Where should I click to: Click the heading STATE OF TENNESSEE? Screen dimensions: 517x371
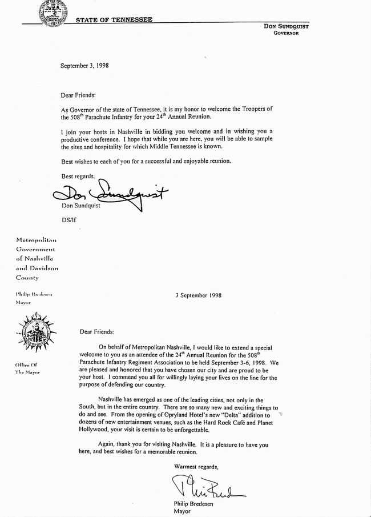click(114, 20)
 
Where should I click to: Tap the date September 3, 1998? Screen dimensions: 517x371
click(84, 66)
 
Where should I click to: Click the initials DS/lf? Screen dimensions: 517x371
click(69, 219)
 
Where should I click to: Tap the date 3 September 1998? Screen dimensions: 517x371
click(198, 295)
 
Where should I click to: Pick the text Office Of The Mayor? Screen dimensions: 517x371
click(27, 368)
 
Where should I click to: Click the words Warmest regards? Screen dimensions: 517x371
click(196, 467)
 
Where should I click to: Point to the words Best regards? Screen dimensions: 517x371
click(78, 177)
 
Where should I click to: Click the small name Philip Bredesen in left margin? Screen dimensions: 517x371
click(34, 294)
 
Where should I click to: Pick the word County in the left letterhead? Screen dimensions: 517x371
click(27, 277)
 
